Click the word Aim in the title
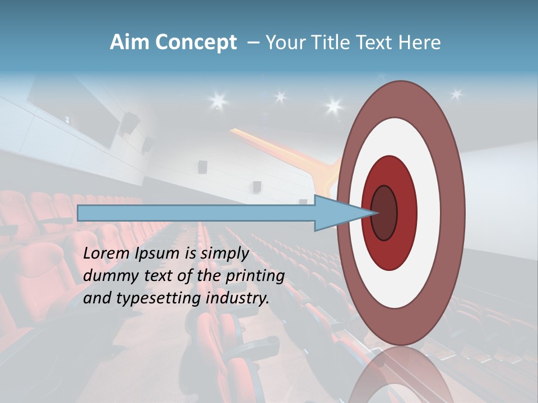coord(129,43)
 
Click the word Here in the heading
coord(420,43)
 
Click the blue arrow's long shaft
coord(196,213)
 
